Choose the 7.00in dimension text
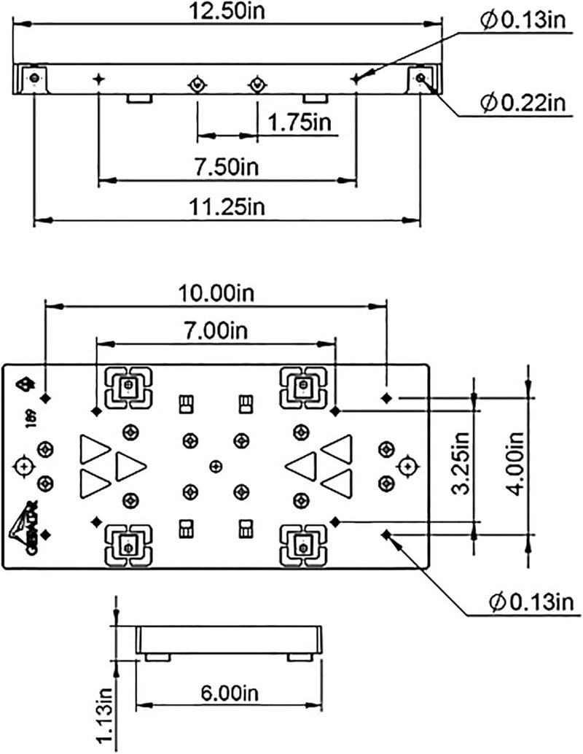(x=216, y=330)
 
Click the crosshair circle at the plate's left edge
(x=24, y=465)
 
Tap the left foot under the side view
(x=158, y=658)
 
